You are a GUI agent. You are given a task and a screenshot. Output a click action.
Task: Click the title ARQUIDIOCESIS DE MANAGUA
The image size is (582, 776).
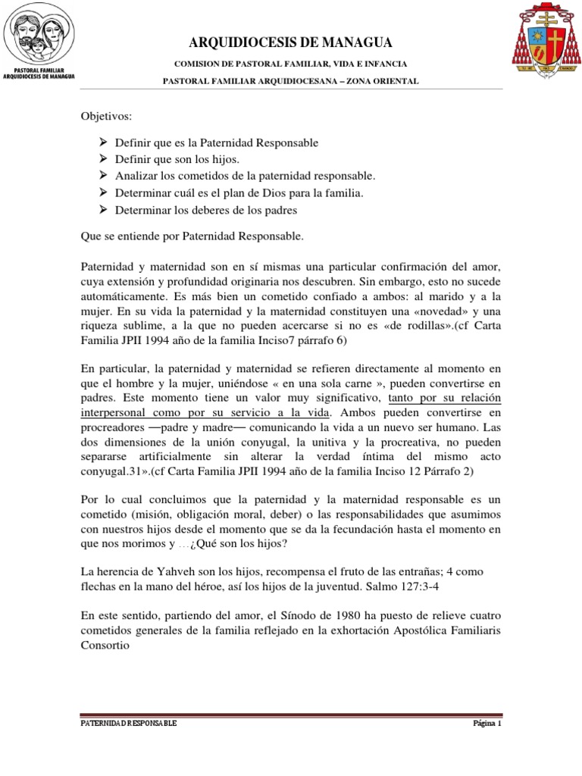tap(290, 42)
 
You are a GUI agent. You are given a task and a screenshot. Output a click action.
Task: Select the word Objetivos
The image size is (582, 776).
tap(106, 117)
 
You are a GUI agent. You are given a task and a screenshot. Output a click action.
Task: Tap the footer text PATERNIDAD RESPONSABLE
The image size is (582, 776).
tap(129, 724)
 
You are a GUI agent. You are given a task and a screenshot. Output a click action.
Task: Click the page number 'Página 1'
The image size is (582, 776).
tap(483, 724)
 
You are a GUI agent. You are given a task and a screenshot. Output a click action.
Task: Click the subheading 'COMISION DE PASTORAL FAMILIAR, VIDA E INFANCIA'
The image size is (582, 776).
tap(290, 64)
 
